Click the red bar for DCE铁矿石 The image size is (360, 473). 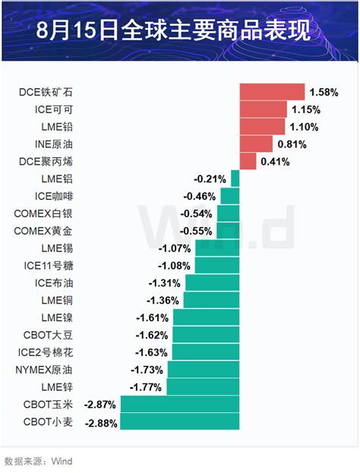pyautogui.click(x=272, y=92)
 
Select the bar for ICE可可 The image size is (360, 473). pyautogui.click(x=264, y=109)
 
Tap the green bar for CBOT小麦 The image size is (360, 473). pyautogui.click(x=180, y=421)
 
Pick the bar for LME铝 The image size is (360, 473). pyautogui.click(x=235, y=178)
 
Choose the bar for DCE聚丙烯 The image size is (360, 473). pyautogui.click(x=248, y=162)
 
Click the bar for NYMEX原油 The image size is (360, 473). pyautogui.click(x=204, y=370)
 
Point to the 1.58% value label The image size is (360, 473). pyautogui.click(x=324, y=92)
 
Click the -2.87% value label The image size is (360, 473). pyautogui.click(x=100, y=404)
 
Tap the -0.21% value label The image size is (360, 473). pyautogui.click(x=210, y=179)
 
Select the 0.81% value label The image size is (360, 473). pyautogui.click(x=292, y=144)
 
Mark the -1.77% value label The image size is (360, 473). pyautogui.click(x=146, y=386)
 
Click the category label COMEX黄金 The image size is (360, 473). pyautogui.click(x=43, y=231)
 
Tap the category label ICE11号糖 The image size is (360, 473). pyautogui.click(x=49, y=266)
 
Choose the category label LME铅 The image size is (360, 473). pyautogui.click(x=57, y=127)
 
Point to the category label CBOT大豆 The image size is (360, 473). pyautogui.click(x=48, y=335)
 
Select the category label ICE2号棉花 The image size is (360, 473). pyautogui.click(x=46, y=352)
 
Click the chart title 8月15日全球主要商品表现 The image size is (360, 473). pyautogui.click(x=173, y=30)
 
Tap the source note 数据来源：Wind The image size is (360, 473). pyautogui.click(x=38, y=462)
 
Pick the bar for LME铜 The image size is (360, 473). pyautogui.click(x=212, y=300)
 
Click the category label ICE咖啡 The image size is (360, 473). pyautogui.click(x=54, y=197)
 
